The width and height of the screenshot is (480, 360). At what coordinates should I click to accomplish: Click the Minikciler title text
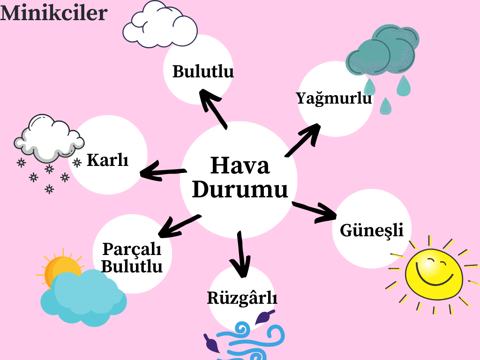point(53,13)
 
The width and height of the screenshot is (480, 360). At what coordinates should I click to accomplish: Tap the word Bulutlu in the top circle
point(203,72)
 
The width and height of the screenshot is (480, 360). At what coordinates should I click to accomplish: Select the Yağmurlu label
point(334,98)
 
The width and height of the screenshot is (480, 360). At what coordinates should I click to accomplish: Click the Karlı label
point(107,160)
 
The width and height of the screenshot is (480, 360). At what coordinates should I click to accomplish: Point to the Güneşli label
point(372,230)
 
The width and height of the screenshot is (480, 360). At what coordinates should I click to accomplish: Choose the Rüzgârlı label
point(242,298)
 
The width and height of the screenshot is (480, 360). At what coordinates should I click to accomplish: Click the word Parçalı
point(132,248)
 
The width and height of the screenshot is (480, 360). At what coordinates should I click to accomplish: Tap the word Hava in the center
point(240,166)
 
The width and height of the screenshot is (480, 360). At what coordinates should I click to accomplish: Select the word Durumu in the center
point(240,190)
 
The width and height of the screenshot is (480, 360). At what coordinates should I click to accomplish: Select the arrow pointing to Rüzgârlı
point(241,255)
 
